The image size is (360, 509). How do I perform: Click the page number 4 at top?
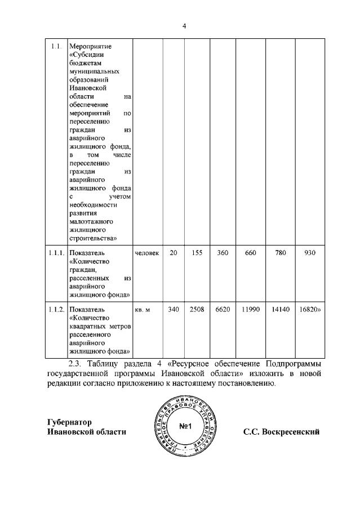click(x=184, y=25)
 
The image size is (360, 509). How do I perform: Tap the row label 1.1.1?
click(x=56, y=253)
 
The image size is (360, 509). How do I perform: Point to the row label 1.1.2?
click(x=56, y=310)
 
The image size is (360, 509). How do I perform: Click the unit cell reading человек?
click(x=147, y=253)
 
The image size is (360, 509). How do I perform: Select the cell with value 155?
click(x=197, y=253)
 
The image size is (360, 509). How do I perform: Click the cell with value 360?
click(x=223, y=253)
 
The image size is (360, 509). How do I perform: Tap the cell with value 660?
click(x=250, y=253)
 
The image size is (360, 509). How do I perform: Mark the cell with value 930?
click(x=309, y=253)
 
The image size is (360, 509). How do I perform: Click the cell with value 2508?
click(x=197, y=310)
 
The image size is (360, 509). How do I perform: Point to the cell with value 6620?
click(x=223, y=310)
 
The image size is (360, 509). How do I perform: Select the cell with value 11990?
click(x=250, y=310)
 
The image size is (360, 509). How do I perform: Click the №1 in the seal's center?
click(x=186, y=426)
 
